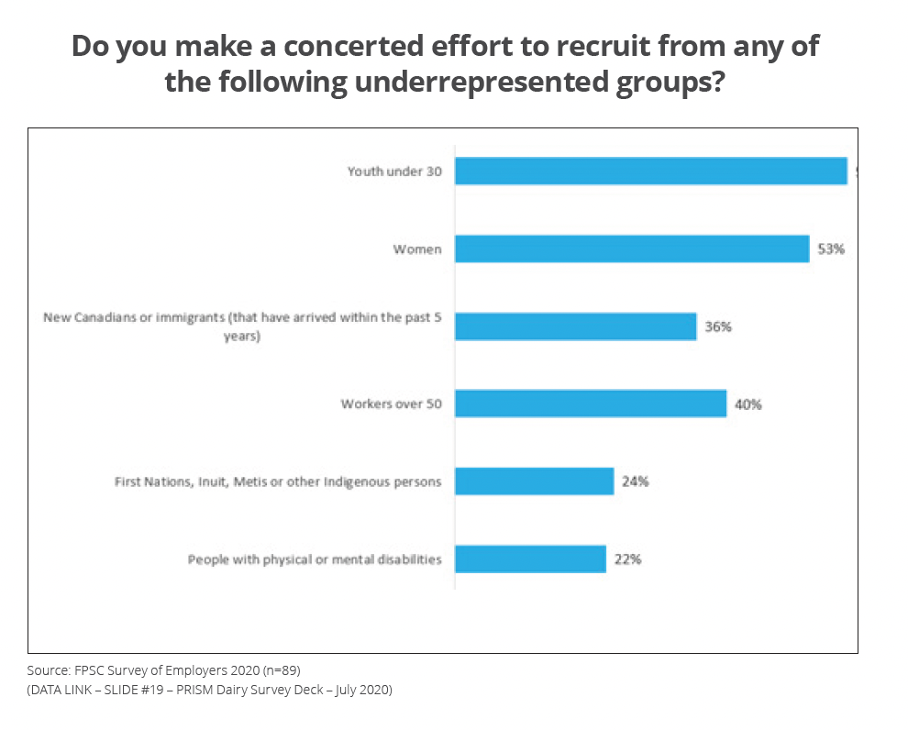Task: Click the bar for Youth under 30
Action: click(650, 171)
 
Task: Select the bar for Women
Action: click(632, 249)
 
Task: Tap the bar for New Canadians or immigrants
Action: click(575, 326)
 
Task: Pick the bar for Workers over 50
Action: click(591, 404)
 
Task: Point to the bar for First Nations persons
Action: click(534, 481)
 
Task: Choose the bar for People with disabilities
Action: click(530, 559)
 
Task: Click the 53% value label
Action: click(831, 249)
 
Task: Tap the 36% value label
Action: click(718, 326)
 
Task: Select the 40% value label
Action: click(748, 404)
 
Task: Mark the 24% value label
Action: click(635, 481)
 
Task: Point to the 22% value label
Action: click(627, 559)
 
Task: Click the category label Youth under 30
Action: click(394, 171)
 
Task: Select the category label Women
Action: click(417, 249)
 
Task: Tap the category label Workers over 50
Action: click(392, 404)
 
